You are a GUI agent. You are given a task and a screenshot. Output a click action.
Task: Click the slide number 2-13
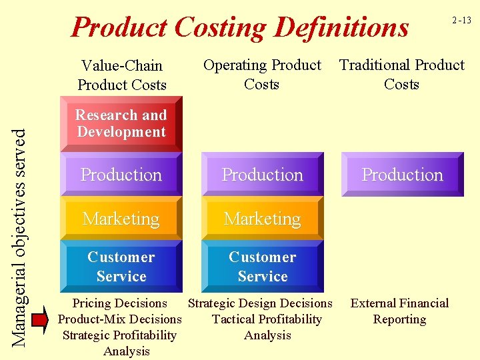click(461, 21)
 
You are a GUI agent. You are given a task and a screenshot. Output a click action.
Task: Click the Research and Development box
click(121, 124)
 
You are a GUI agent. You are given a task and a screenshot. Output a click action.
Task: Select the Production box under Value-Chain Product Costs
click(121, 175)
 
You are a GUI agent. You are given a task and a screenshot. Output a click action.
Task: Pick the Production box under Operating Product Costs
click(263, 175)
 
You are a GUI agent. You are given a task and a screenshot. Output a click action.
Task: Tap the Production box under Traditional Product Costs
click(403, 175)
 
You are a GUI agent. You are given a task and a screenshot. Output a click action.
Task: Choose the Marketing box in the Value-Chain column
click(121, 219)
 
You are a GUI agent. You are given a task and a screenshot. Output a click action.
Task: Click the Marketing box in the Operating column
click(263, 219)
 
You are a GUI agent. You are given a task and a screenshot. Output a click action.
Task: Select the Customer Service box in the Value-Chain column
click(121, 267)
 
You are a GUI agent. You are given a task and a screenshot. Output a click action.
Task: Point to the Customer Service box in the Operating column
click(263, 267)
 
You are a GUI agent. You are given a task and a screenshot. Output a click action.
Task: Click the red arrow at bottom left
click(41, 319)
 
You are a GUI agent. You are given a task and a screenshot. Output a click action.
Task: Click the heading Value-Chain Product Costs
click(121, 75)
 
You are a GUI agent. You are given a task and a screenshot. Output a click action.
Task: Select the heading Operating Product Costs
click(262, 74)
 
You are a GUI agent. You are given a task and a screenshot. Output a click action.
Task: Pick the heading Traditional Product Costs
click(402, 74)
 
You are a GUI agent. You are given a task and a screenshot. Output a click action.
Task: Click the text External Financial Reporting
click(399, 311)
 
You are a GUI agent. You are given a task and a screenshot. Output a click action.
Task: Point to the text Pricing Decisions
click(120, 303)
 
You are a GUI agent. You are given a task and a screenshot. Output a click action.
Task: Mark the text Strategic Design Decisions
click(260, 303)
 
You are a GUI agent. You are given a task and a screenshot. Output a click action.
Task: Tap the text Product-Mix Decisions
click(120, 319)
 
